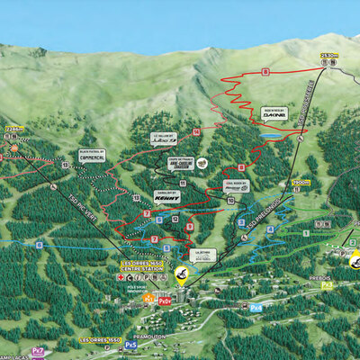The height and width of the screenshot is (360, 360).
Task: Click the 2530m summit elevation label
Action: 328,56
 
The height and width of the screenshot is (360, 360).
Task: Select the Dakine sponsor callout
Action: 274,113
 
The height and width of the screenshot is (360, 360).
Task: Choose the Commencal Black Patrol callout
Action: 92,155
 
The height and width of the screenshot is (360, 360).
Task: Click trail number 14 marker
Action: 196,131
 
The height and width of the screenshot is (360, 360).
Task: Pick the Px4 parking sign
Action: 256,307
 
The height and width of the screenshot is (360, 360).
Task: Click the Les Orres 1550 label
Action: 99,340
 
